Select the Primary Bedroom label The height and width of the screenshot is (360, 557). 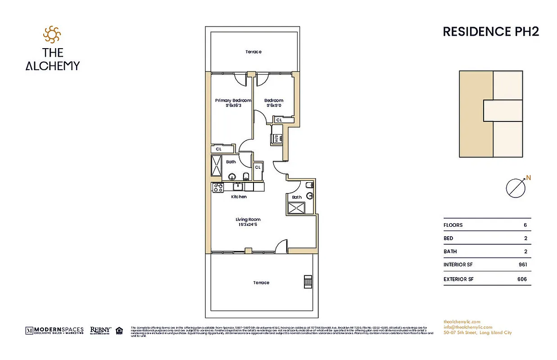click(233, 100)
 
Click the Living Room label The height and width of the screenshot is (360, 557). click(248, 220)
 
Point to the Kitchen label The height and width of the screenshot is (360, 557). click(239, 197)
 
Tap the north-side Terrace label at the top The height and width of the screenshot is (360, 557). click(253, 52)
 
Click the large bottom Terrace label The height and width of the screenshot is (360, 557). click(261, 283)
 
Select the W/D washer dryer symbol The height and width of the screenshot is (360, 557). click(276, 139)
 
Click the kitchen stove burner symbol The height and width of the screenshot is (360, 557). click(218, 187)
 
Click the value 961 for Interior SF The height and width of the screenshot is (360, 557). click(522, 265)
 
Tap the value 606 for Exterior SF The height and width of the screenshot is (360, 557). click(522, 279)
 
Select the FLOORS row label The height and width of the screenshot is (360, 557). click(453, 225)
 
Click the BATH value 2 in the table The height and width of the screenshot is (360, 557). click(525, 252)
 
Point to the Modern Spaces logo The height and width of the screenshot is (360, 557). click(54, 331)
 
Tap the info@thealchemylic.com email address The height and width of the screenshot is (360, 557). click(467, 327)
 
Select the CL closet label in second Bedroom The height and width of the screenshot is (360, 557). click(279, 120)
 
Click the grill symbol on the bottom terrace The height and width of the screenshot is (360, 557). click(308, 282)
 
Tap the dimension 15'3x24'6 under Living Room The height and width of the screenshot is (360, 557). click(248, 225)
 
